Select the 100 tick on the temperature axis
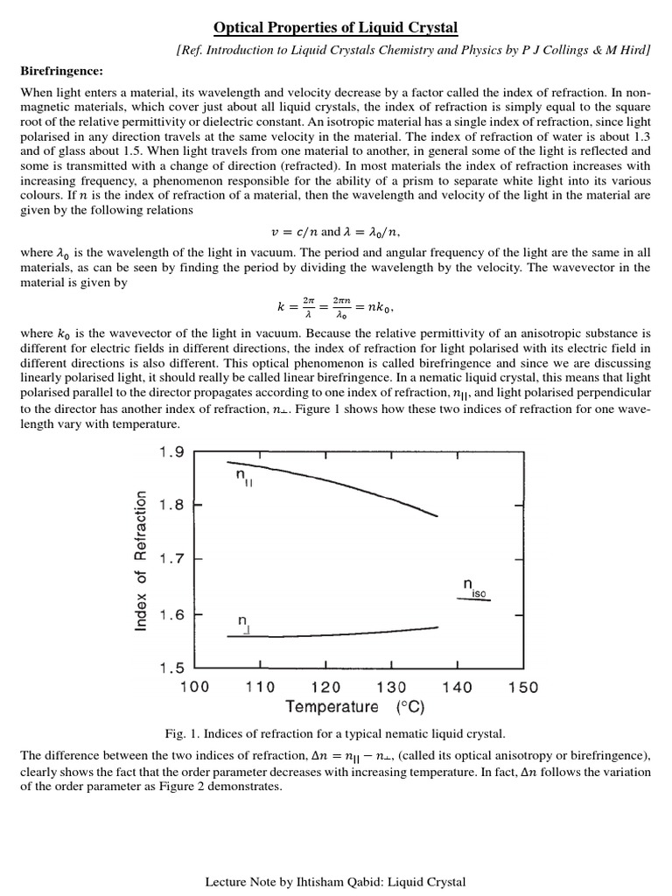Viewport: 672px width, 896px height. click(194, 687)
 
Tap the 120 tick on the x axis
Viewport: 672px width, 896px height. click(325, 687)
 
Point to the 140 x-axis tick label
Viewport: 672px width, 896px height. click(458, 687)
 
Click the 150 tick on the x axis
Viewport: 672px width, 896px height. click(523, 687)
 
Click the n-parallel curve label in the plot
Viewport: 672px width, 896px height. click(243, 477)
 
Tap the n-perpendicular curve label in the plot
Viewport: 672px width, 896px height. click(245, 622)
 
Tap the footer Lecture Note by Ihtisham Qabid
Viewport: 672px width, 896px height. click(335, 882)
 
